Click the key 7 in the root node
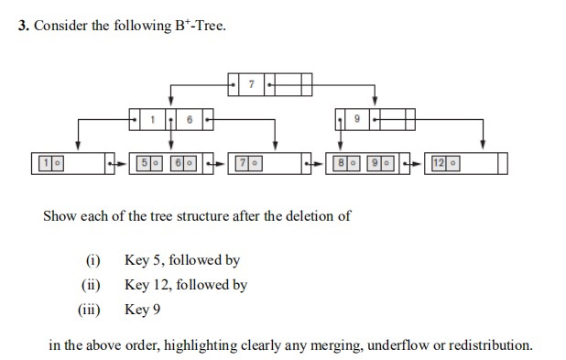coord(252,84)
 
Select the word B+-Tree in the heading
coord(200,25)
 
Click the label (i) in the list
coord(93,260)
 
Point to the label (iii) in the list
coord(90,310)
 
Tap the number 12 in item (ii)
coord(165,285)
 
